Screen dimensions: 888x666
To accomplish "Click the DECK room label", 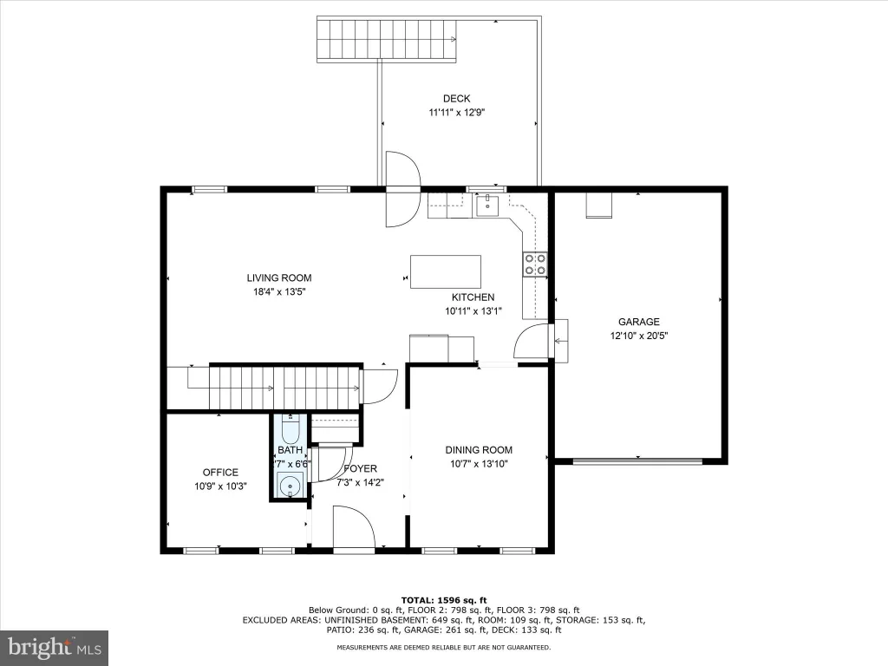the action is tap(456, 99).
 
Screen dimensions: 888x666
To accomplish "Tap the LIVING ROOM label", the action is tap(279, 278).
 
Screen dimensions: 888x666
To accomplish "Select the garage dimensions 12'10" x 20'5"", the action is tap(639, 336).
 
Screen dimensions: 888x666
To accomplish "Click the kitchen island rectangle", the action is tap(446, 271).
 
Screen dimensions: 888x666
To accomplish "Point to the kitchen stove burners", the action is tap(535, 264).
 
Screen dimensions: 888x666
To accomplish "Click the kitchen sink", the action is tap(487, 206).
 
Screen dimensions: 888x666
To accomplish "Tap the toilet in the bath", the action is tap(291, 428).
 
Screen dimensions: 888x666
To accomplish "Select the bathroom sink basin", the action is tap(291, 486).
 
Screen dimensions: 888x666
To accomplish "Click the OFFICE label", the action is tap(220, 473).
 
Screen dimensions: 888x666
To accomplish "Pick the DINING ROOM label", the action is tap(479, 450).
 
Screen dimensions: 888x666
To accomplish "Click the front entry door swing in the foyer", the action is tap(354, 527).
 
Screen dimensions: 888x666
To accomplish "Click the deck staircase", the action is tap(387, 39).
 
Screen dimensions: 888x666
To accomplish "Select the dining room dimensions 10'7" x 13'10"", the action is tap(479, 465).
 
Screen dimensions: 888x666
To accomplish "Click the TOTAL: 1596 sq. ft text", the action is tap(444, 600).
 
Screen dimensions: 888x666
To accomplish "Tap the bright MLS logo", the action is tap(55, 648).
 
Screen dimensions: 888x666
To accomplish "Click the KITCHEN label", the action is tap(473, 297).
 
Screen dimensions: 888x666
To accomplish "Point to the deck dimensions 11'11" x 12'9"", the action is tap(456, 113).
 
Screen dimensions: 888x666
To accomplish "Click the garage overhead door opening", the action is tap(638, 461).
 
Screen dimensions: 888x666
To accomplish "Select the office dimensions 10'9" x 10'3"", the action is tap(220, 486).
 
